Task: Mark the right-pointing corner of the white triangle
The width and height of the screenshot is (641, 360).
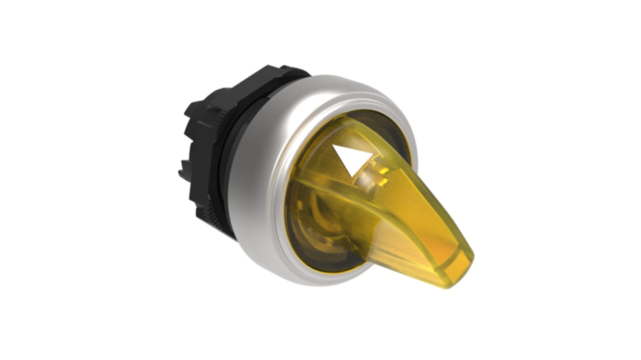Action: pos(373,154)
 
